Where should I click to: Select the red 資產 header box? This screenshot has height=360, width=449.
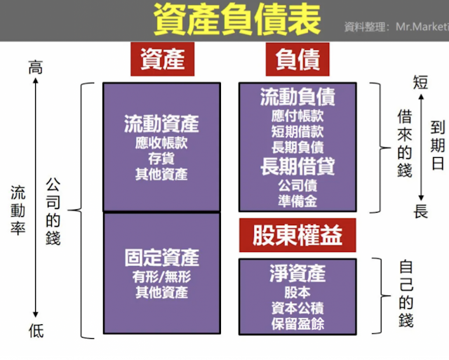(162, 60)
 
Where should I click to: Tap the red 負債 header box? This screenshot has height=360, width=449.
(297, 60)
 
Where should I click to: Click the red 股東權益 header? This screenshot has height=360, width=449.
(297, 236)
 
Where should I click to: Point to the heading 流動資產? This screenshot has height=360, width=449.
(161, 124)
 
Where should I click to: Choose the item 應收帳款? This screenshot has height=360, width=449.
(161, 143)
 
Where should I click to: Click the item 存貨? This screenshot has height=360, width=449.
(161, 159)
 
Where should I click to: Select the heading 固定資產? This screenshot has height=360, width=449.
(161, 256)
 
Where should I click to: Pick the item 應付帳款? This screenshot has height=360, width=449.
(297, 115)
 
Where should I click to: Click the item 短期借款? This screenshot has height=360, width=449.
(297, 131)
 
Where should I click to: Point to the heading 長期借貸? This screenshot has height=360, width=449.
(297, 166)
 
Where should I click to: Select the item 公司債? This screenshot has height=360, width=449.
(297, 186)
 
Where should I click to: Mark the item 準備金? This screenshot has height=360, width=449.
(297, 201)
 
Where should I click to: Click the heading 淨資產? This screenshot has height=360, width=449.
(297, 272)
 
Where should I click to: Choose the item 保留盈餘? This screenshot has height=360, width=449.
(297, 324)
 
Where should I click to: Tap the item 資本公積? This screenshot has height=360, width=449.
(297, 307)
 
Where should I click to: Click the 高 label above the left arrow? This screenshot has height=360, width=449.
(35, 67)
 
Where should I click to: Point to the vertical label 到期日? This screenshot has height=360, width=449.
(438, 143)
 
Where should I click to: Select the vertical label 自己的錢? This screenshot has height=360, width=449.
(406, 294)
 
